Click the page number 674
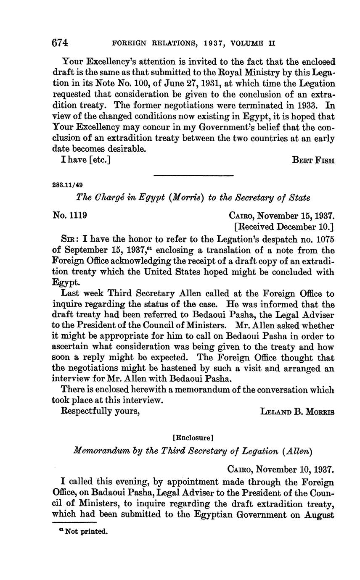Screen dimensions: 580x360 60,43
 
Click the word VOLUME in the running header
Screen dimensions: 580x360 248,43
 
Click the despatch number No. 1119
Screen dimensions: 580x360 70,216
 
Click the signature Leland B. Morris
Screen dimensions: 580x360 298,412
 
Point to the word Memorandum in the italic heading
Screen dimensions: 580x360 98,451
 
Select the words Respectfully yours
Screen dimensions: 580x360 101,411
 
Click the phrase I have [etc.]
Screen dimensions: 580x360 86,160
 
